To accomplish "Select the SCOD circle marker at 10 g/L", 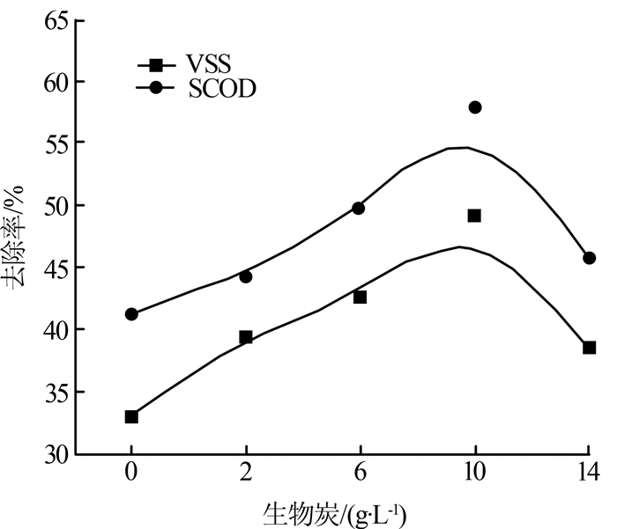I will click(x=475, y=107).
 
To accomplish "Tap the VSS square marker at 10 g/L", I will click(x=474, y=216).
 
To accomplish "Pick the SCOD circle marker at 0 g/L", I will click(x=131, y=314).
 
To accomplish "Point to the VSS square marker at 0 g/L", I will click(x=131, y=416).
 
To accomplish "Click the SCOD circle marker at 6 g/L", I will click(x=359, y=208).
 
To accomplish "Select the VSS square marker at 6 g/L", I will click(x=360, y=298).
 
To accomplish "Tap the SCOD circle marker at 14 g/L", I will click(x=590, y=258).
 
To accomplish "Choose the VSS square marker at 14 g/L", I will click(x=590, y=348).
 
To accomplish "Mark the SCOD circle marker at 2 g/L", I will click(x=246, y=276).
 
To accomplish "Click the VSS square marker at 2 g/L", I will click(x=246, y=337).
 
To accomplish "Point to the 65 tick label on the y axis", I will click(x=53, y=19).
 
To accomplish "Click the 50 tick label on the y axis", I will click(x=53, y=205).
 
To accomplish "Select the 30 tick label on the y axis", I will click(x=53, y=453).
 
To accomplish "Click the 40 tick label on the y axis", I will click(x=53, y=329).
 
